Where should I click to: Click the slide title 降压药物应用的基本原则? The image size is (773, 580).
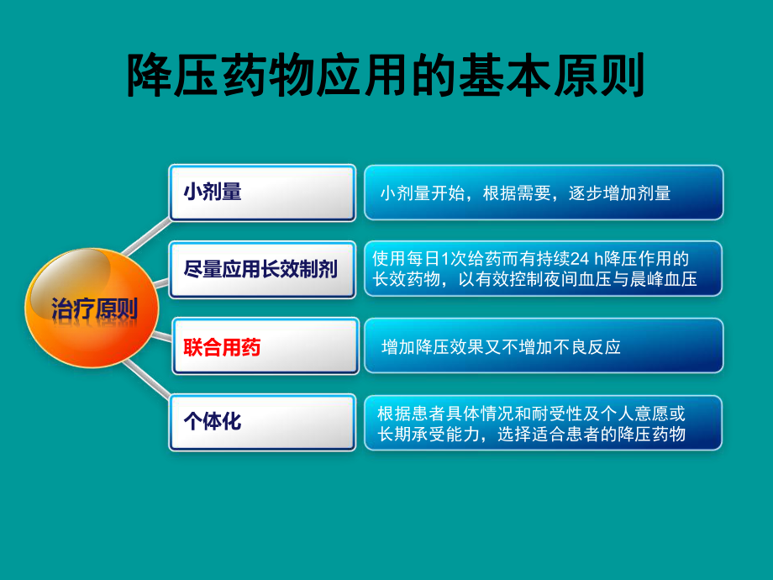tap(386, 77)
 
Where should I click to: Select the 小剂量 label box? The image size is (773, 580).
tap(262, 192)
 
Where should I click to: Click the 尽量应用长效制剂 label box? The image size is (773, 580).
tap(262, 270)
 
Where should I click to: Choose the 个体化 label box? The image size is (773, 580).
tap(262, 422)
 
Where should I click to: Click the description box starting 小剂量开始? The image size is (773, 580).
tap(543, 193)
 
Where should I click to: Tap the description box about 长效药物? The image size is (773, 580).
tap(543, 269)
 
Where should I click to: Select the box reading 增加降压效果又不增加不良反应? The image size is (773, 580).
tap(543, 345)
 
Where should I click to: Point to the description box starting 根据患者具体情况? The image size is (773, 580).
tap(543, 423)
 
